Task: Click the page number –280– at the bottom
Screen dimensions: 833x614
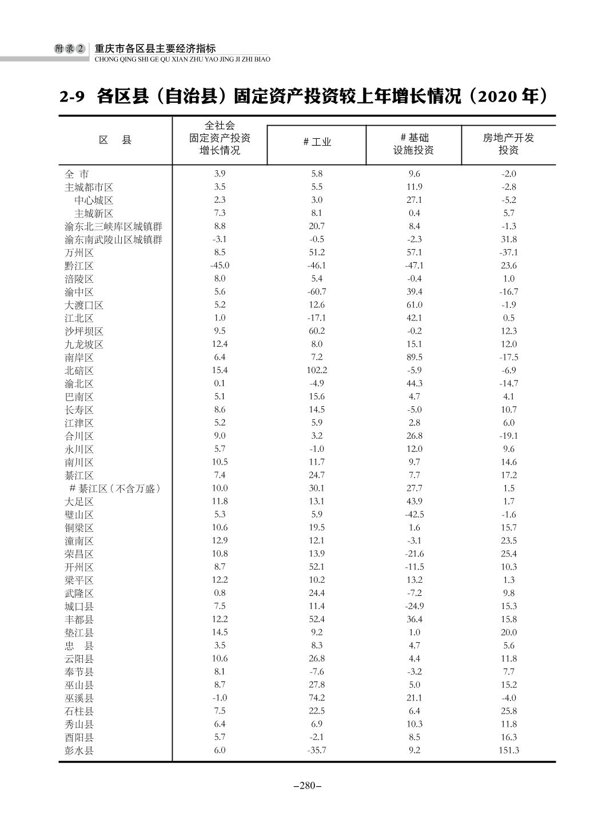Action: [307, 786]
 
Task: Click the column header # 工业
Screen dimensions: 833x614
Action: [317, 142]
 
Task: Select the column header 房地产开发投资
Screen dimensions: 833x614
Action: [508, 144]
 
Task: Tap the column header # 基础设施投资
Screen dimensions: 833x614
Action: [414, 144]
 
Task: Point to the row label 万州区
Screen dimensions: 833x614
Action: [79, 253]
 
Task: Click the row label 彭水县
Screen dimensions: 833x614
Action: [79, 750]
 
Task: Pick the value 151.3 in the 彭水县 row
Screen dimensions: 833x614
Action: [508, 750]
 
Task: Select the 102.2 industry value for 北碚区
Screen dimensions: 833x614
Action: [317, 370]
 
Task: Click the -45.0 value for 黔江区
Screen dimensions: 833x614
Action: [220, 266]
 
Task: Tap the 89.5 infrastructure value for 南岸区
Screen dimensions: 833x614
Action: [414, 357]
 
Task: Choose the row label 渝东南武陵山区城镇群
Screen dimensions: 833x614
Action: [113, 239]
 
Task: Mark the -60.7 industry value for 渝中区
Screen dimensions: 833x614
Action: [317, 292]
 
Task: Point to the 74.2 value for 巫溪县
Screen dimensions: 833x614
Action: [317, 698]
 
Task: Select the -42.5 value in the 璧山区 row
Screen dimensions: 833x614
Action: [414, 515]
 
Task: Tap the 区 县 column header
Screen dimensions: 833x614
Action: [115, 140]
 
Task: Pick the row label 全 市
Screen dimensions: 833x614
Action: [77, 174]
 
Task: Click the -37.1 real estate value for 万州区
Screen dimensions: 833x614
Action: [508, 253]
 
